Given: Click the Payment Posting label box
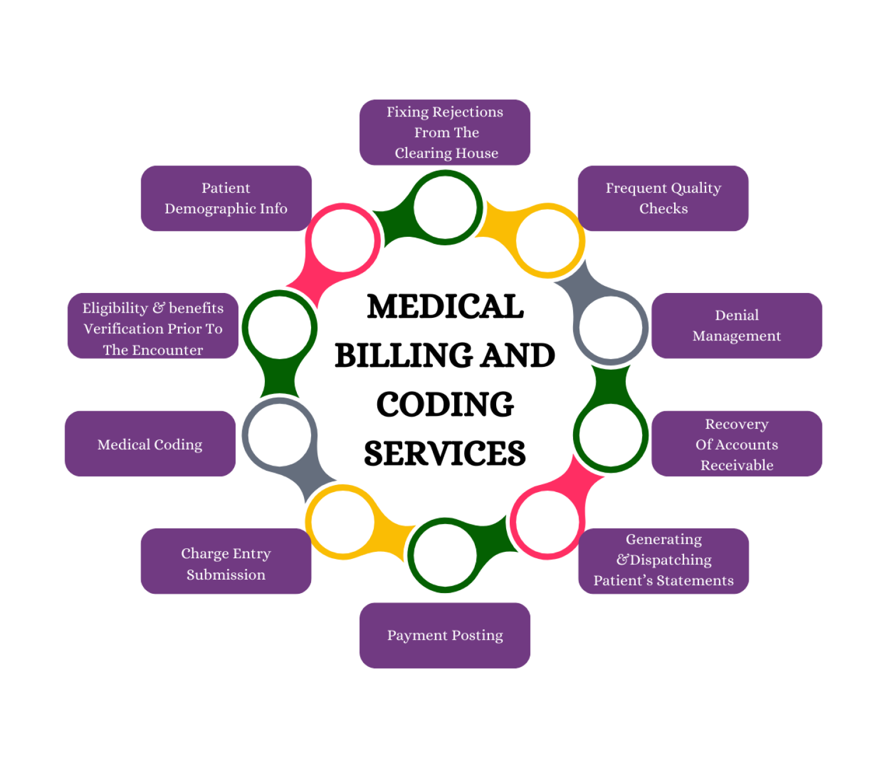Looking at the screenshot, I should click(445, 635).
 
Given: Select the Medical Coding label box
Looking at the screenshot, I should click(150, 444).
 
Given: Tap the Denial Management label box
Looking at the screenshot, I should click(737, 326).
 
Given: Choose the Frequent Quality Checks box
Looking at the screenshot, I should click(663, 198).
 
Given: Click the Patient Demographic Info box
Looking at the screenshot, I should click(226, 198).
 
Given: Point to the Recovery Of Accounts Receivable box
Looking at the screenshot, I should click(737, 444).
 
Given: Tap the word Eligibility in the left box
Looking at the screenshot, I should click(115, 308).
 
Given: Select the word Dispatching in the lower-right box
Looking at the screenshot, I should click(671, 559).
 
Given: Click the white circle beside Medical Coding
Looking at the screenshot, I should click(280, 435).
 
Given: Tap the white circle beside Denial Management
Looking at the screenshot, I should click(610, 327).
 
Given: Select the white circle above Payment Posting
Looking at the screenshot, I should click(445, 555).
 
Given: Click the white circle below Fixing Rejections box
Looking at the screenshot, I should click(445, 207).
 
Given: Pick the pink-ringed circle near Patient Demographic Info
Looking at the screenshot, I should click(343, 241).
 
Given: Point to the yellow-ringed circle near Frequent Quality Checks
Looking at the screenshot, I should click(548, 241).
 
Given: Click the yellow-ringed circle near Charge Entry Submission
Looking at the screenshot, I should click(343, 522).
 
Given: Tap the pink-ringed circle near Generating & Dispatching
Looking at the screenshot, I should click(548, 522).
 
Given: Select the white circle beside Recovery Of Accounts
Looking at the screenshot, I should click(610, 435).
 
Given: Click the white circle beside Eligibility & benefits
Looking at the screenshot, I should click(280, 327).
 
